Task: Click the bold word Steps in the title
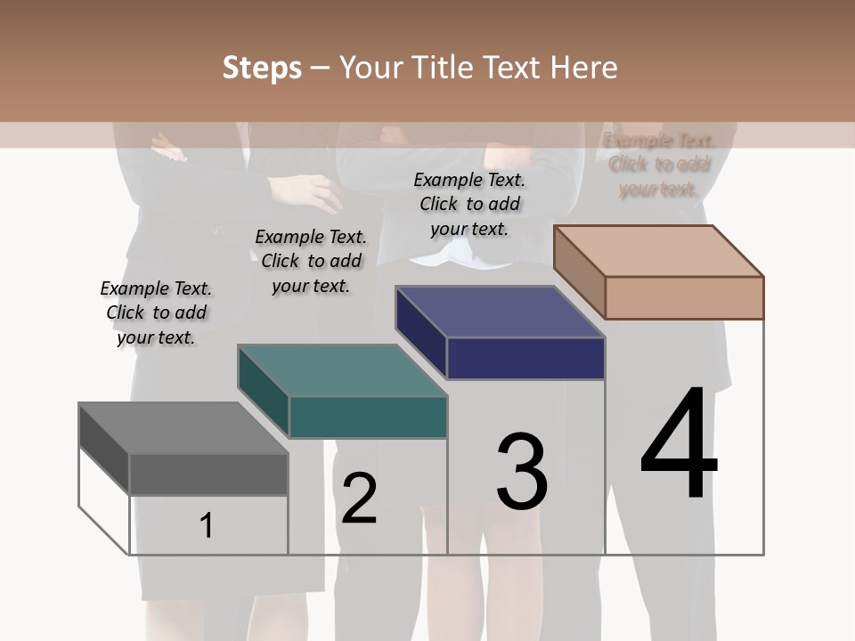tap(262, 69)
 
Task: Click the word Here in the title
tap(582, 68)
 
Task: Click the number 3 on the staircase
tap(522, 472)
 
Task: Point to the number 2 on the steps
tap(359, 499)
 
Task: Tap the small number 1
tap(206, 525)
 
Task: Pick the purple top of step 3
tap(500, 312)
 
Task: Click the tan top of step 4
tap(659, 251)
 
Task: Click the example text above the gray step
tap(156, 312)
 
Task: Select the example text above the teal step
tap(311, 261)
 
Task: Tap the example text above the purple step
tap(469, 204)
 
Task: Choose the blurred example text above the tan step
tap(659, 165)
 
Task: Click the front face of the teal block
tap(368, 417)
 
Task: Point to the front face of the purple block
tap(525, 358)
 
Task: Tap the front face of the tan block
tap(684, 297)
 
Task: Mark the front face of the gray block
tap(208, 475)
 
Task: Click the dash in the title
tap(321, 69)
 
